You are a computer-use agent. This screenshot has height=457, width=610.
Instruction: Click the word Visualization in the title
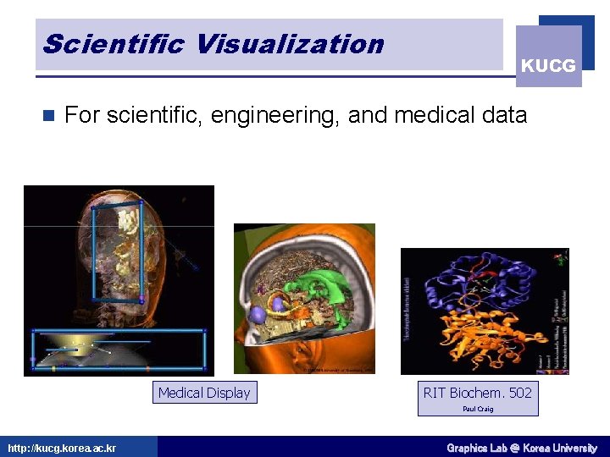pos(289,44)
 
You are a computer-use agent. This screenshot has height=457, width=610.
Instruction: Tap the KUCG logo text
pos(548,65)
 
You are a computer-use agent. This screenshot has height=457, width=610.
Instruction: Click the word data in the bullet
pos(503,114)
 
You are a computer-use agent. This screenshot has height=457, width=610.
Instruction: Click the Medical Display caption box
pos(204,393)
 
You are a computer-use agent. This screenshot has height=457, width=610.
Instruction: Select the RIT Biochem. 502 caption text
pos(478,392)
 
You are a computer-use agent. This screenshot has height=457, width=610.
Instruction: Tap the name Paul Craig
pos(478,409)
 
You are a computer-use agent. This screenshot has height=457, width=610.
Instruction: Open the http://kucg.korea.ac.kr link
pos(62,448)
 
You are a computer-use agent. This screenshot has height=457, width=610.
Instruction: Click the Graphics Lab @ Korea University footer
pos(521,448)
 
